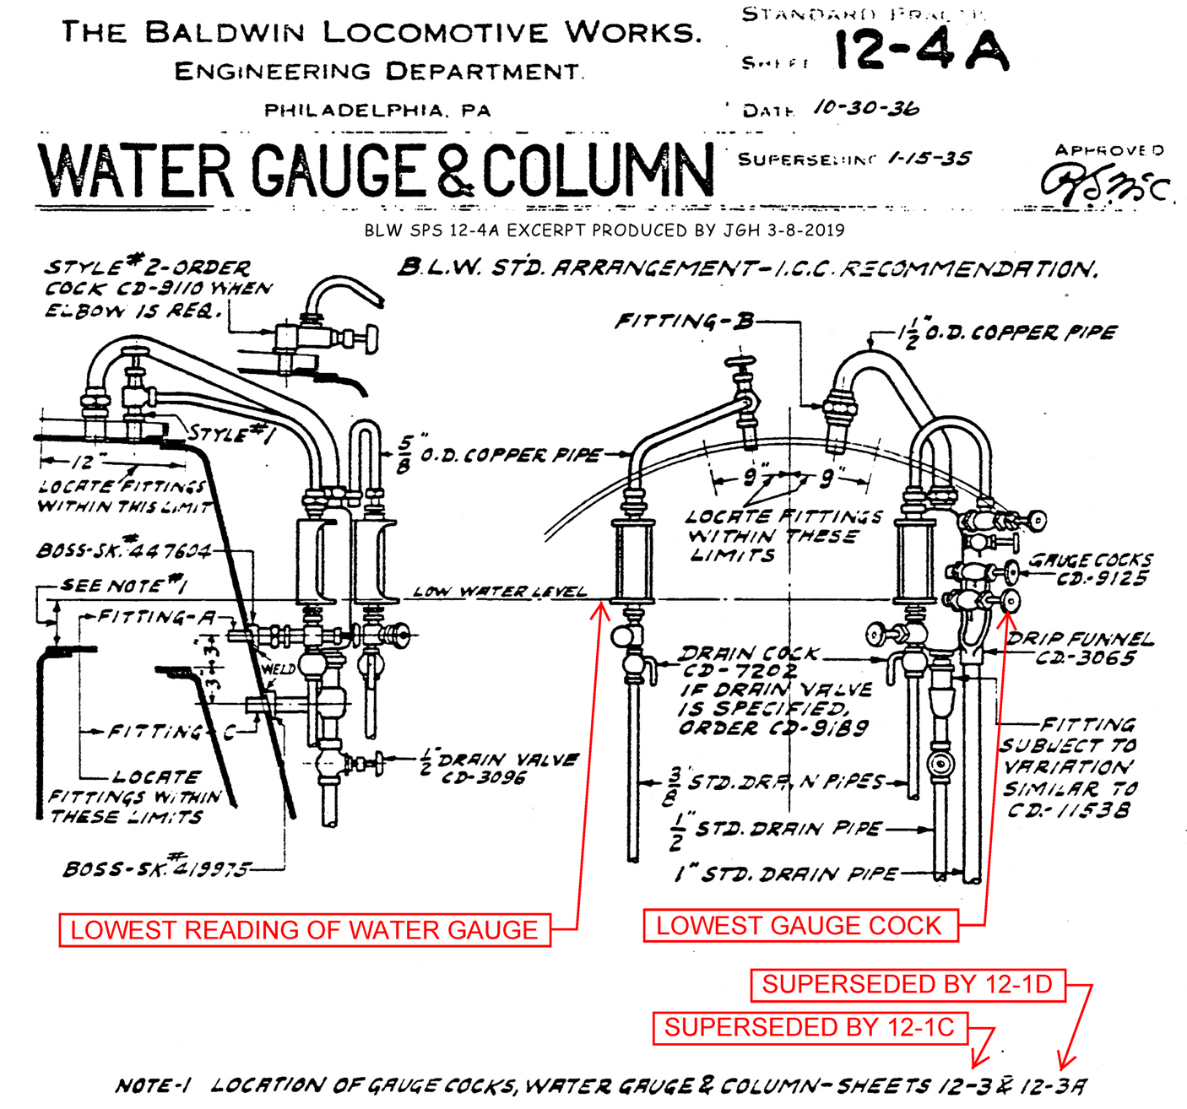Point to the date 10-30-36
click(866, 108)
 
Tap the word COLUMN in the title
click(598, 170)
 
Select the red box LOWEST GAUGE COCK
click(799, 925)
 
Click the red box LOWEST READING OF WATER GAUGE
click(304, 929)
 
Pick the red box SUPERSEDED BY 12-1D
click(907, 984)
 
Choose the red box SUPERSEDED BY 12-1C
click(809, 1027)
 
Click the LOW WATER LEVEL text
click(500, 592)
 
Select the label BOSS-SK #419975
click(157, 868)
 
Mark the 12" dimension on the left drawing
click(83, 463)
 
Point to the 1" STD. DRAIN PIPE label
click(785, 874)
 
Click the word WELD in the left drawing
click(278, 668)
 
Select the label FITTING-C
click(169, 732)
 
